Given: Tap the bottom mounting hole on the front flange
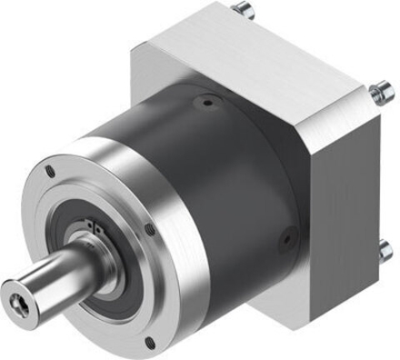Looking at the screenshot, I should (149, 342).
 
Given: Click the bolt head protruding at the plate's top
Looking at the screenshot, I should (245, 10).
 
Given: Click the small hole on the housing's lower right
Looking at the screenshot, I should (285, 239).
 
